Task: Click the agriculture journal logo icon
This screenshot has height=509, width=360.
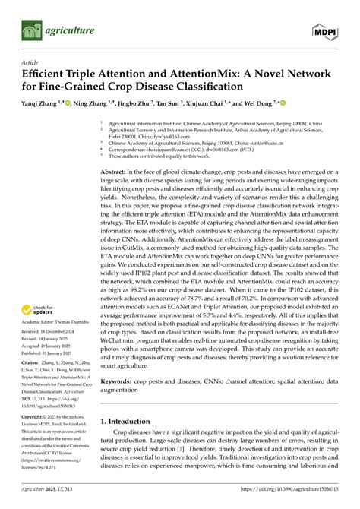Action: coord(30,31)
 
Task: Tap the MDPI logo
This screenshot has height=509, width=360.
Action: coord(323,31)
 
